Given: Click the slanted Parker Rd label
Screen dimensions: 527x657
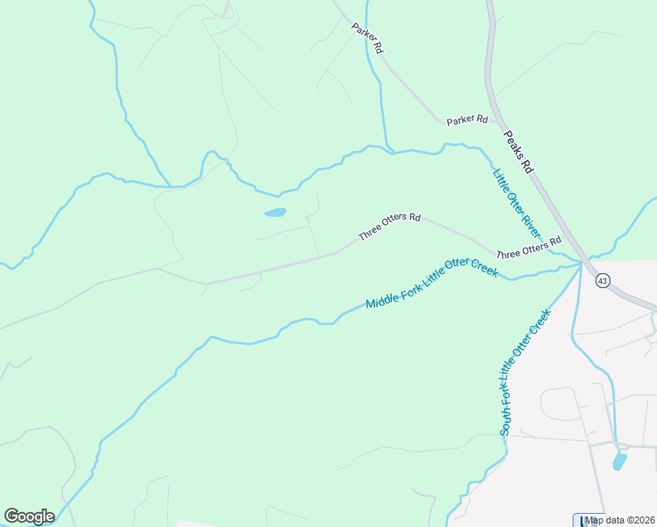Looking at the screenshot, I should [x=367, y=40].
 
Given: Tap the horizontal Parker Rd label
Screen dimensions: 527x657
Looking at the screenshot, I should [x=466, y=119].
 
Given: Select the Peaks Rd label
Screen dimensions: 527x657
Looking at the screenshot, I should [x=518, y=151].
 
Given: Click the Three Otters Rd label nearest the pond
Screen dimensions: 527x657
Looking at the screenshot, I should [x=389, y=227].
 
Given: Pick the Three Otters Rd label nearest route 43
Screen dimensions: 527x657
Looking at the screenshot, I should [x=528, y=248].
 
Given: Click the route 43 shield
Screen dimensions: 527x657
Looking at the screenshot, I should [x=602, y=281].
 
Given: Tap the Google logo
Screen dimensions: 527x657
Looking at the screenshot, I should [x=29, y=516].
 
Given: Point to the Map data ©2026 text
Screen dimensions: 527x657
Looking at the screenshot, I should [x=620, y=520].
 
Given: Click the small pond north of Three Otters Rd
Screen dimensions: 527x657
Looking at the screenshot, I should [x=275, y=213].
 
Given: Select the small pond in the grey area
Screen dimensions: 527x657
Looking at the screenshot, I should [x=619, y=461].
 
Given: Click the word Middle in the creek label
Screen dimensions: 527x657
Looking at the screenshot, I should [x=380, y=300].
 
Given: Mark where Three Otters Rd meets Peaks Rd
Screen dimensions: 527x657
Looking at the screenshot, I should [x=581, y=261].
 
